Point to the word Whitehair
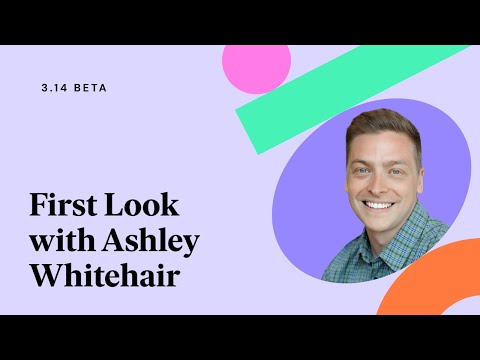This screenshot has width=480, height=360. pos(104,276)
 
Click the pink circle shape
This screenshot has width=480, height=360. pos(256,64)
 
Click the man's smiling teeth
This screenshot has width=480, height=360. pos(379,204)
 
